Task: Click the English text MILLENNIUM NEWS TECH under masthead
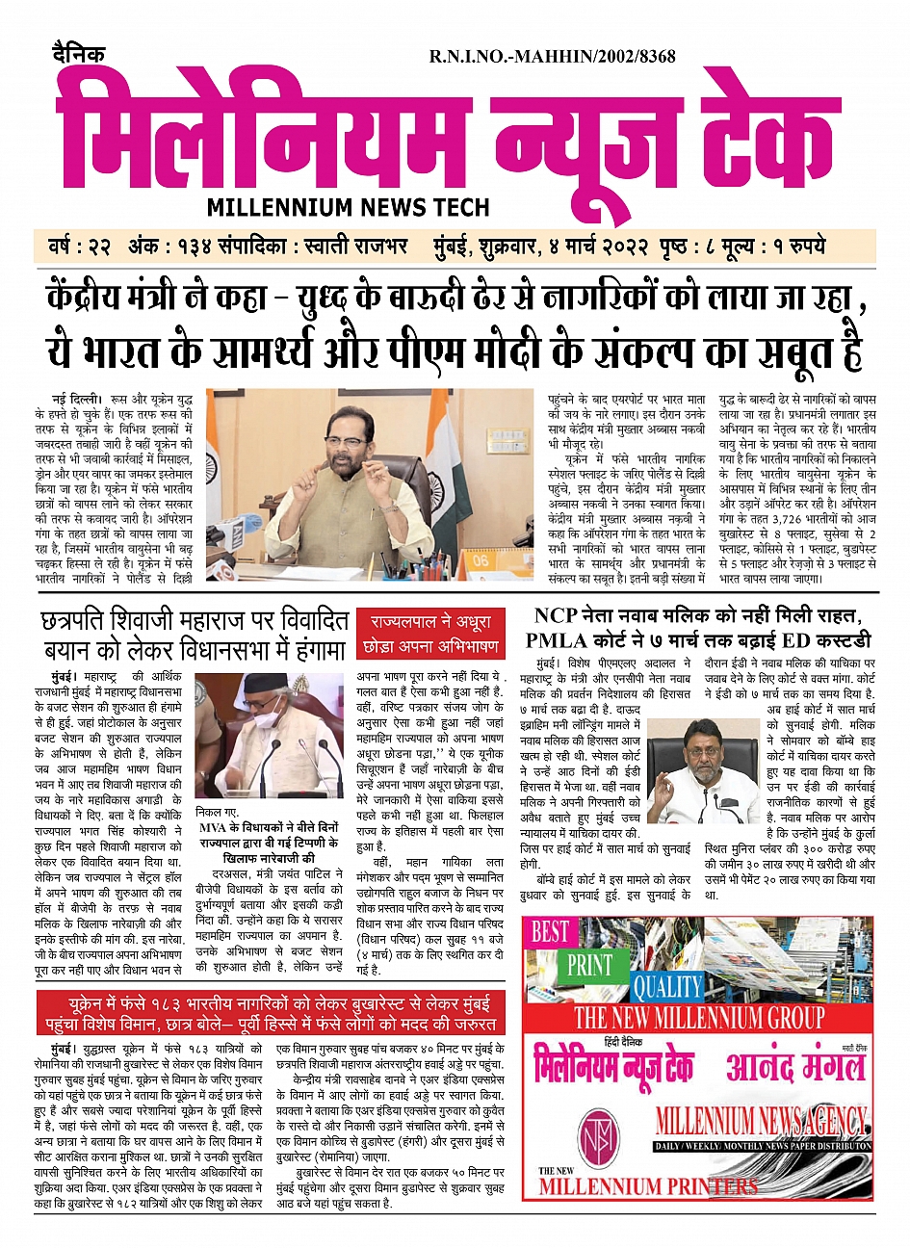[348, 207]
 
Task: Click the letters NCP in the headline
[556, 616]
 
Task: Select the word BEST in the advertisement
[551, 931]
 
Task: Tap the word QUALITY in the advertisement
[667, 986]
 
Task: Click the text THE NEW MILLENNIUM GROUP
[699, 1018]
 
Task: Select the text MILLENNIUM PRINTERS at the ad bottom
[647, 1185]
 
